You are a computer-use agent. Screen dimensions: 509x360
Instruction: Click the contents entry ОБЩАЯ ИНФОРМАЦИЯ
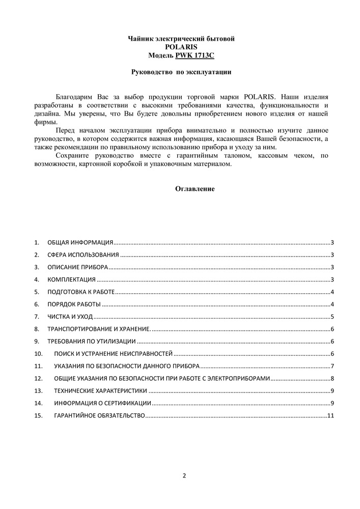click(80, 243)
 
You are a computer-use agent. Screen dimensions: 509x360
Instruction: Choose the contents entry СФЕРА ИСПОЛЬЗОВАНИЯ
click(84, 255)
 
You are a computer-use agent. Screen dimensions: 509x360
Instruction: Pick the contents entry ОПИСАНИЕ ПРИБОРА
click(77, 267)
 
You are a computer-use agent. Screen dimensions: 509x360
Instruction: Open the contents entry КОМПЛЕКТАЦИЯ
click(72, 279)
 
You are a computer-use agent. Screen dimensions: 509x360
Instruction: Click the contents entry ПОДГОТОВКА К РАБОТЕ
click(81, 292)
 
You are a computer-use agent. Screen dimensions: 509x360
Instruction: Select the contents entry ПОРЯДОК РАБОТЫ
click(74, 304)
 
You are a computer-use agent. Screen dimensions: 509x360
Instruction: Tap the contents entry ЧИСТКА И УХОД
click(70, 317)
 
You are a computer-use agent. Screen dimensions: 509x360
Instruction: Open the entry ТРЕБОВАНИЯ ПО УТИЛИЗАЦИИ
click(92, 341)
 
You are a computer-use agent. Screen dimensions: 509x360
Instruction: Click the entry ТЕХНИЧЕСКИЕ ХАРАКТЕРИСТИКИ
click(101, 391)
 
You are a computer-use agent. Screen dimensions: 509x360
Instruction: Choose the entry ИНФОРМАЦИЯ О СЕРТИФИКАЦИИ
click(103, 403)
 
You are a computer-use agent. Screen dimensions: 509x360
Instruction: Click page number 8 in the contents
click(331, 378)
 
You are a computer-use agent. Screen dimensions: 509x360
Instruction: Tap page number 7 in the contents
click(331, 366)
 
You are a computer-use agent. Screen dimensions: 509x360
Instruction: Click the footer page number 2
click(184, 476)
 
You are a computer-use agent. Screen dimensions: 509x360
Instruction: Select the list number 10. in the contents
click(38, 354)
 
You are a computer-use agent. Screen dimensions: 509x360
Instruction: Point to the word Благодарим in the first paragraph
click(73, 96)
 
